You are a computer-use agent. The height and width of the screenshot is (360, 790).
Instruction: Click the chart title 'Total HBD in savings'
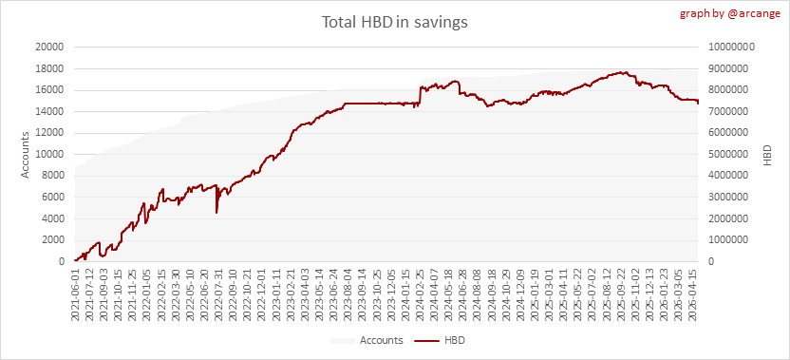pos(394,23)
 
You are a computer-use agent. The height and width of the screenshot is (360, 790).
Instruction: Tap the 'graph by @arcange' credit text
pos(730,13)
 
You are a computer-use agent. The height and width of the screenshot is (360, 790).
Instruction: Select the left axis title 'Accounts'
pos(25,154)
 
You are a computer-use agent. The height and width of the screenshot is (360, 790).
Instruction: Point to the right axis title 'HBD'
pos(767,155)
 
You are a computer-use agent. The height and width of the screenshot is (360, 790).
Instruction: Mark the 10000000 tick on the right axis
pos(730,47)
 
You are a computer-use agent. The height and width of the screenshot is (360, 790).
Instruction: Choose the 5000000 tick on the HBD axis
pos(728,154)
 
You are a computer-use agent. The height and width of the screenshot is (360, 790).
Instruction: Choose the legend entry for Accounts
pos(367,340)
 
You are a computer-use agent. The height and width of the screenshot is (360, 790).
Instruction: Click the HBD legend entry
pos(440,340)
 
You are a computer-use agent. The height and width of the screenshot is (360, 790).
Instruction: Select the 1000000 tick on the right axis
pos(728,240)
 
